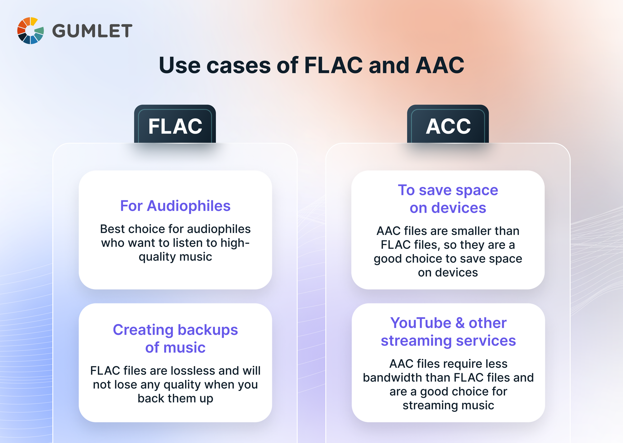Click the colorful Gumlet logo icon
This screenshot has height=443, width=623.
pyautogui.click(x=30, y=31)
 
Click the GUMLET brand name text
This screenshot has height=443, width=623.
pyautogui.click(x=92, y=31)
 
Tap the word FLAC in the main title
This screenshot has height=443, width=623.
pyautogui.click(x=333, y=65)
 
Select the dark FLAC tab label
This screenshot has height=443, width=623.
pyautogui.click(x=175, y=126)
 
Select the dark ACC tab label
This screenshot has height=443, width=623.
pyautogui.click(x=448, y=126)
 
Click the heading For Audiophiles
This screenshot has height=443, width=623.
pyautogui.click(x=175, y=206)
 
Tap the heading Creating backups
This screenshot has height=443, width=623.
pyautogui.click(x=175, y=330)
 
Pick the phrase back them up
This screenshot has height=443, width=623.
pyautogui.click(x=175, y=398)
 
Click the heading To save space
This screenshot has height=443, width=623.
pyautogui.click(x=448, y=190)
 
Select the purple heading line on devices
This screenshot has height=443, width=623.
pyautogui.click(x=448, y=208)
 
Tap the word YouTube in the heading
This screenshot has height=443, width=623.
pyautogui.click(x=421, y=323)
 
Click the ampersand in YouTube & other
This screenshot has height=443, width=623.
pyautogui.click(x=460, y=323)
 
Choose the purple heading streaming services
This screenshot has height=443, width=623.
pyautogui.click(x=448, y=341)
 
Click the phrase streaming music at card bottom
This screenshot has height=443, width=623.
pyautogui.click(x=448, y=405)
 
